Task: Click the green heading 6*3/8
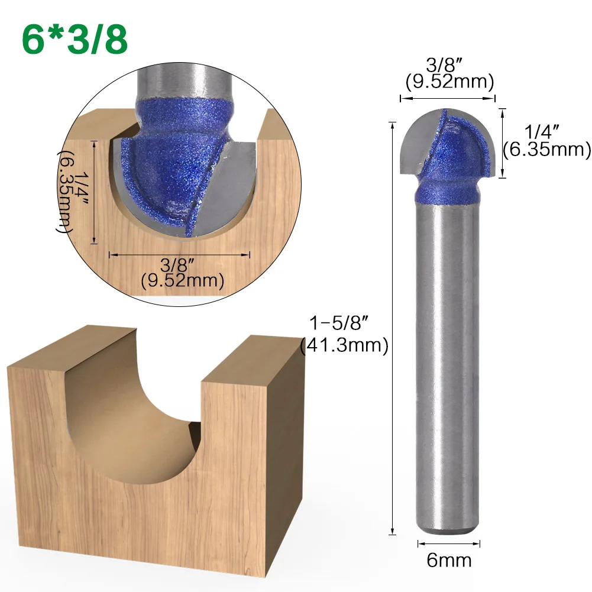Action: pos(75,40)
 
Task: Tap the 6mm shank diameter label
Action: pos(449,560)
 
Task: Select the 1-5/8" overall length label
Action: pos(338,323)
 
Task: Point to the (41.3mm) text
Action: pos(344,345)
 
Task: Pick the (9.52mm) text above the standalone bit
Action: pos(449,82)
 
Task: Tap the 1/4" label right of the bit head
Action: pos(541,132)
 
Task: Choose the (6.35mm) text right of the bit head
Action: pos(546,149)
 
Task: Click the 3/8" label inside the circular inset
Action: pos(179,265)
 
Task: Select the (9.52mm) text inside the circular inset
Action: pos(182,281)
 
